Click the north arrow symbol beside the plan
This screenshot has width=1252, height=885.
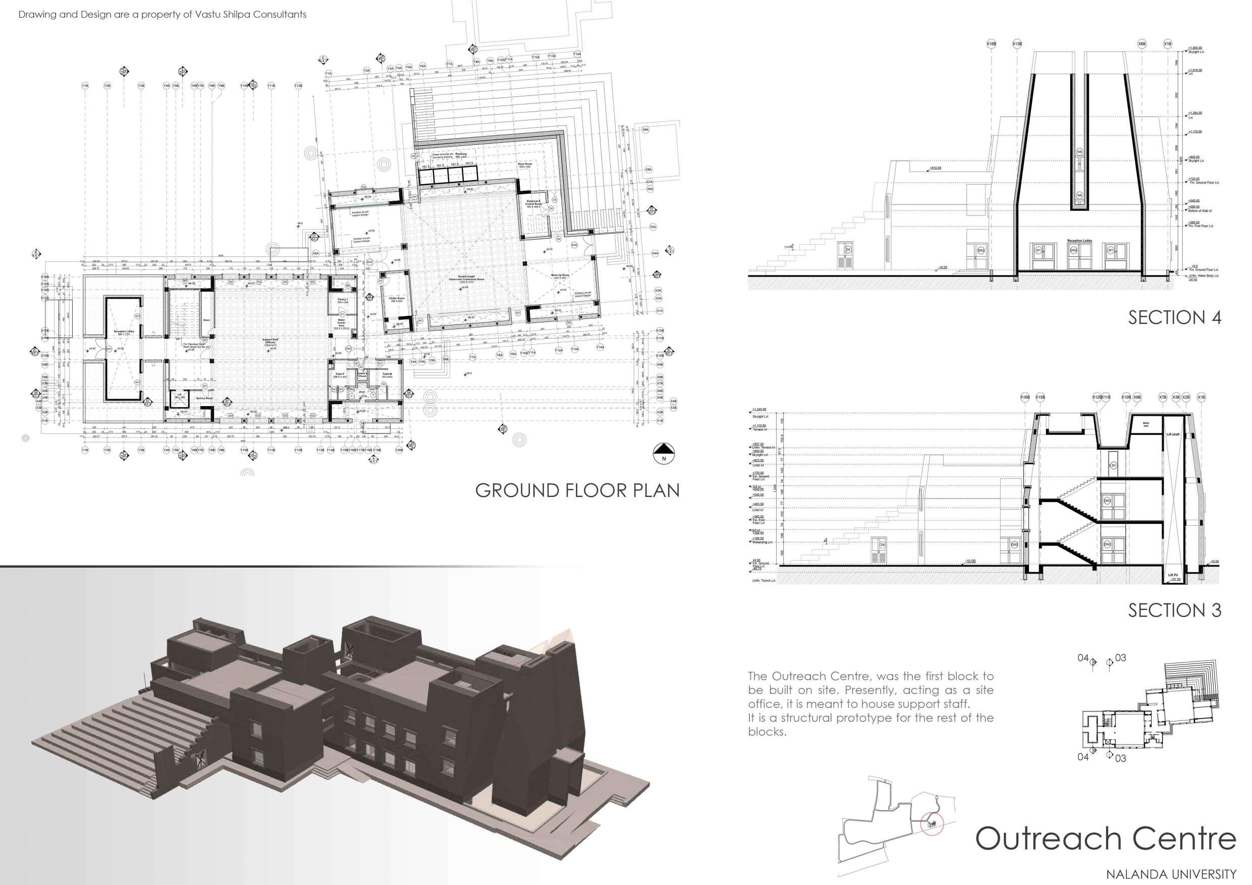point(664,453)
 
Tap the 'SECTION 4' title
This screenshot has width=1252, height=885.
point(1175,317)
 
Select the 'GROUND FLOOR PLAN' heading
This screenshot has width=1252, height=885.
point(577,490)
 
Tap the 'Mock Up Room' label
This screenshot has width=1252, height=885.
point(560,276)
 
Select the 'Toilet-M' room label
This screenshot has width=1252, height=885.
point(387,374)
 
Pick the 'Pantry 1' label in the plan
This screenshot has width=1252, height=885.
point(343,300)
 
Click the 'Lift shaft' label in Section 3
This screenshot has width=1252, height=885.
point(1173,434)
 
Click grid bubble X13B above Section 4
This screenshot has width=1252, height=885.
point(1017,43)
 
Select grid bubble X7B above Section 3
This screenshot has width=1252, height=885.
point(1163,398)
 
